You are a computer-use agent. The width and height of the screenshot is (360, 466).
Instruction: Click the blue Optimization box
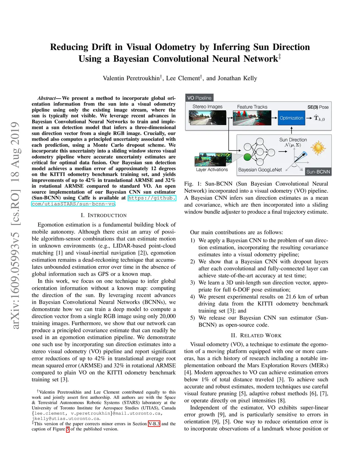pyautogui.click(x=291, y=118)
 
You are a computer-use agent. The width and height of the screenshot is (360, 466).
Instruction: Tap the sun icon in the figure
pyautogui.click(x=318, y=148)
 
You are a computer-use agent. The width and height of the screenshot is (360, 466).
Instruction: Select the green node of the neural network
pyautogui.click(x=247, y=157)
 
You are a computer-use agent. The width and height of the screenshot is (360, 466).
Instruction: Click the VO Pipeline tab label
pyautogui.click(x=199, y=98)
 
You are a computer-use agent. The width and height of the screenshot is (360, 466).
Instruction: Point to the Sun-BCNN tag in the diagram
pyautogui.click(x=318, y=172)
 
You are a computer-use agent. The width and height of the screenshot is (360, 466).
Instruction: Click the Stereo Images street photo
pyautogui.click(x=207, y=118)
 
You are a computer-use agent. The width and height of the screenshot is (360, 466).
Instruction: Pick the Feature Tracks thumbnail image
pyautogui.click(x=252, y=118)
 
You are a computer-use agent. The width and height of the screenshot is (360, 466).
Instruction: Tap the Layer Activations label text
pyautogui.click(x=212, y=170)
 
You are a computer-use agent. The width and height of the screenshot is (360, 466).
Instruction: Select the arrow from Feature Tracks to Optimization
pyautogui.click(x=274, y=118)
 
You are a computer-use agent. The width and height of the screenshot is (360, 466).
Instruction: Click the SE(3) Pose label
pyautogui.click(x=318, y=107)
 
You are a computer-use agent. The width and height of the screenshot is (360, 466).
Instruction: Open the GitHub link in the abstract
pyautogui.click(x=151, y=198)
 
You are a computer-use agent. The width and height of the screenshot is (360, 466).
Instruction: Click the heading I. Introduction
pyautogui.click(x=103, y=215)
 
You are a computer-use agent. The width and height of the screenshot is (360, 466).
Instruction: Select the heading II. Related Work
pyautogui.click(x=256, y=336)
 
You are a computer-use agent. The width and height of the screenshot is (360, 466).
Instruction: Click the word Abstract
pyautogui.click(x=46, y=98)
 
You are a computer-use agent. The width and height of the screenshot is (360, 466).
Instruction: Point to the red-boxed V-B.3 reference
pyautogui.click(x=154, y=424)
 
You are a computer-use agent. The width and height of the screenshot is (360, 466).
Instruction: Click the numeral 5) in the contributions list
pyautogui.click(x=192, y=318)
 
